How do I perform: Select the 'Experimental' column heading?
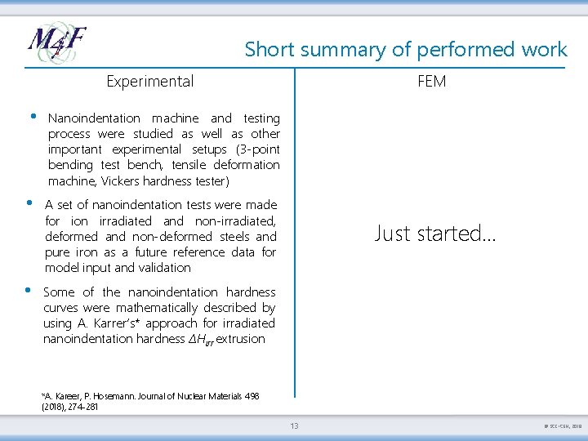pyautogui.click(x=150, y=81)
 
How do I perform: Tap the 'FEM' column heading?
pyautogui.click(x=431, y=81)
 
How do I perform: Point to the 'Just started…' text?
pyautogui.click(x=434, y=234)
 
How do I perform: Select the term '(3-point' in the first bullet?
pyautogui.click(x=254, y=149)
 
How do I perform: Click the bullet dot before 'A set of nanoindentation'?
pyautogui.click(x=29, y=203)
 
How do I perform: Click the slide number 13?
pyautogui.click(x=294, y=425)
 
